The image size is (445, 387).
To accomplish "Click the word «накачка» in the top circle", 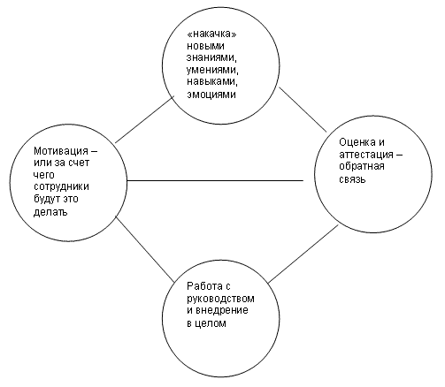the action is pos(212,34).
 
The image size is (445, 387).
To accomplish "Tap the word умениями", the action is pos(212,71).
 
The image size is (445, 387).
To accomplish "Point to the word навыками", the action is pos(212,81).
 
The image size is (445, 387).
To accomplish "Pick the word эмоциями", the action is pos(211,95).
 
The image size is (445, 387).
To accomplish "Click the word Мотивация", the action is pos(61,151).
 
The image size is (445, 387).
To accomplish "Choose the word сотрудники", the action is pos(61,187).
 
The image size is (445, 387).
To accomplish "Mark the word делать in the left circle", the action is pos(50,211).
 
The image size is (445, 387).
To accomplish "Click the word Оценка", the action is pos(357,142).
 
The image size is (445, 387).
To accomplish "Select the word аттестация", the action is pos(366,155).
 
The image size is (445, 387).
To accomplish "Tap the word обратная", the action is pos(362,166).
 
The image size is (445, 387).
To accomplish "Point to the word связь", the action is pos(352,179).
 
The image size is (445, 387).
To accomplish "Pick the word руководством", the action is pos(220,299).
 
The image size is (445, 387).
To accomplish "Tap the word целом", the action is pos(211,323).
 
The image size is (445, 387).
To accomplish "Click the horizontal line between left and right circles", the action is pos(215,180).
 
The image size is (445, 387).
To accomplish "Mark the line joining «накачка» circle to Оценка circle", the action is pos(303,110).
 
